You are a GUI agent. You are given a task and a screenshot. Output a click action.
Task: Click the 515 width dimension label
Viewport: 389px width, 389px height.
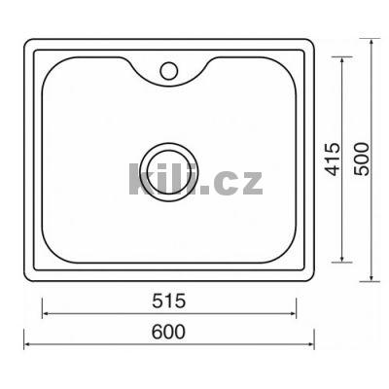point(169,301)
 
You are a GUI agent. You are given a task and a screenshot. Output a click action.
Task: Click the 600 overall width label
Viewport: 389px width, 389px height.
point(169,332)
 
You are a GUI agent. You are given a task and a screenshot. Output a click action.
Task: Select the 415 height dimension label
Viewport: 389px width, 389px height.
point(334,159)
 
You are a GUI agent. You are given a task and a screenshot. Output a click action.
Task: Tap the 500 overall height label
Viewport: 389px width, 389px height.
point(362,159)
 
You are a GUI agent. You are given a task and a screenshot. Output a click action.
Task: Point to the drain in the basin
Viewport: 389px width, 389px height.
point(169,172)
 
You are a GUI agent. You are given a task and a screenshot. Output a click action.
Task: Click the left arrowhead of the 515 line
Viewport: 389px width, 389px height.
point(46,313)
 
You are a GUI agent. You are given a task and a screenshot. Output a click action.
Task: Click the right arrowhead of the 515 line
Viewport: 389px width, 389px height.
point(293,313)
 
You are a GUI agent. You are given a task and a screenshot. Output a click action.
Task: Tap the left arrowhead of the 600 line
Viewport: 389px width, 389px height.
point(27,344)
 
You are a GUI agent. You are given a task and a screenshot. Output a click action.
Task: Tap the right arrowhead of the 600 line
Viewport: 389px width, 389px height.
point(311,344)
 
